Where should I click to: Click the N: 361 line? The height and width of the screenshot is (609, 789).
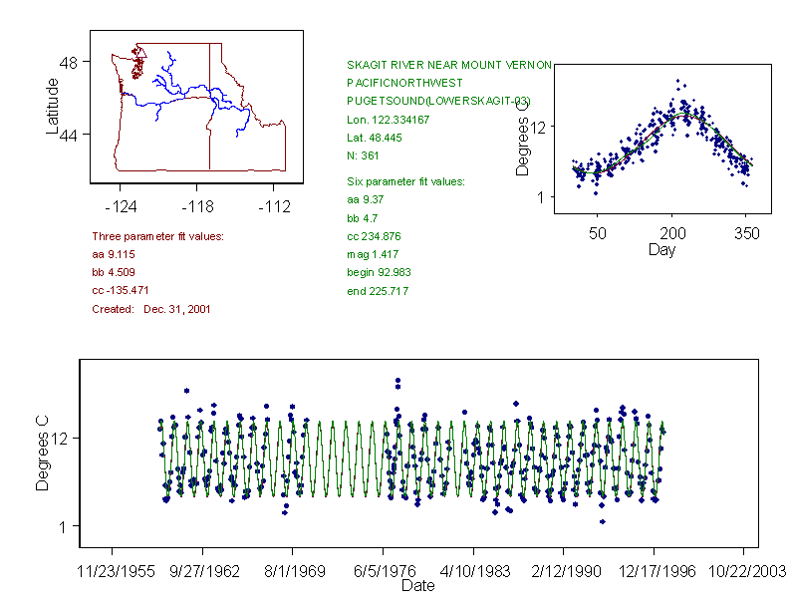coord(364,155)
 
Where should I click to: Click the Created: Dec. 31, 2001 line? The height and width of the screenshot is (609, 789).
coord(150,309)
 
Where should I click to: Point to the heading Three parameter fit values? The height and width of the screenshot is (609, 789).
coord(157,236)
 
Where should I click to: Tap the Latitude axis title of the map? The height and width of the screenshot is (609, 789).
coord(53,105)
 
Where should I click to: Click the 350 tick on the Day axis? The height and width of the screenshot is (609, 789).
coord(747,233)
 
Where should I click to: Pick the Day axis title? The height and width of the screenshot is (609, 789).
coord(661,249)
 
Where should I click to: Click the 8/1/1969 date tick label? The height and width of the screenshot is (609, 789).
coord(293,572)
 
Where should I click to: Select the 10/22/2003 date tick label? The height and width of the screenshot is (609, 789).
coord(744,572)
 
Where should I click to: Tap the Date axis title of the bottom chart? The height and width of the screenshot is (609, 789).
coord(418,586)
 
